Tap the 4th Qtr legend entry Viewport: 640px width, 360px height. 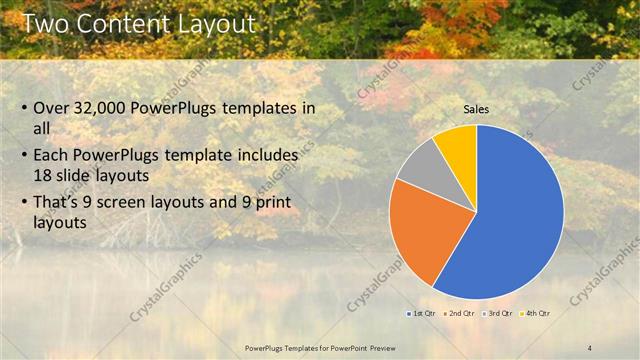click(535, 313)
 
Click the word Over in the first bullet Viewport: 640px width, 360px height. click(51, 108)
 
